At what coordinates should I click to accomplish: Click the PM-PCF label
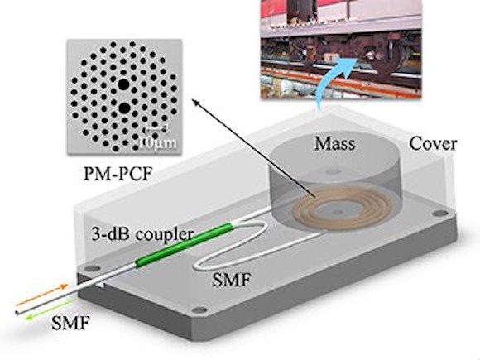(x=118, y=174)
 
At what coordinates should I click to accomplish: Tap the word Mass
(x=335, y=143)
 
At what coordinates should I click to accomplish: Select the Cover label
(x=433, y=143)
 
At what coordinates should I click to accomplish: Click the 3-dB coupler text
(x=142, y=234)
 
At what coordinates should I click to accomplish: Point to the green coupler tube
(x=185, y=245)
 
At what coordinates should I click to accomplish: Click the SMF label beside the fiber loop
(x=232, y=280)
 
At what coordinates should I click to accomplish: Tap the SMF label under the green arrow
(x=70, y=323)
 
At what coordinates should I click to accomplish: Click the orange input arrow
(x=41, y=295)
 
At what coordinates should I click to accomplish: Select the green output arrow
(x=50, y=310)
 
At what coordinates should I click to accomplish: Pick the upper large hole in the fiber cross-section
(x=123, y=84)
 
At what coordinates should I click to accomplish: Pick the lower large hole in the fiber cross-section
(x=124, y=108)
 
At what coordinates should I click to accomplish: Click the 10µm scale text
(x=157, y=142)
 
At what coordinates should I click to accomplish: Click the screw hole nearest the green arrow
(x=93, y=269)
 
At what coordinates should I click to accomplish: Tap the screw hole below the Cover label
(x=440, y=213)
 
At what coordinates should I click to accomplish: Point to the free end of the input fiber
(x=17, y=313)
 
